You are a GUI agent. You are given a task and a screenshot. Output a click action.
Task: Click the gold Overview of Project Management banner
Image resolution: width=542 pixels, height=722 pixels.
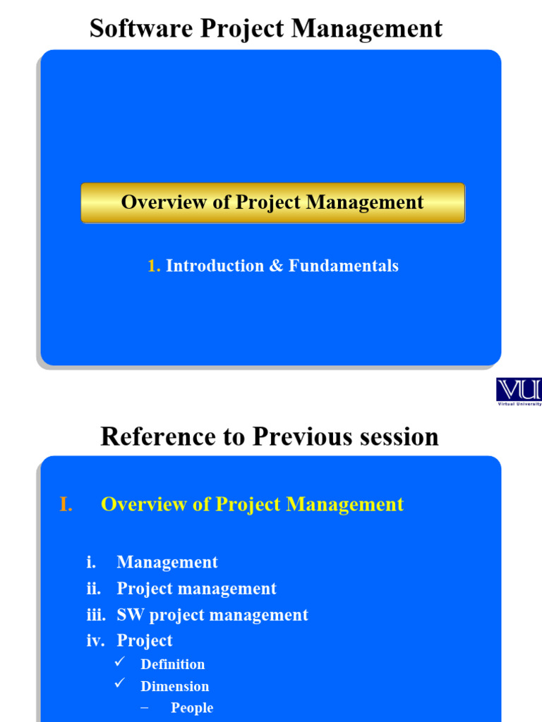coord(272,203)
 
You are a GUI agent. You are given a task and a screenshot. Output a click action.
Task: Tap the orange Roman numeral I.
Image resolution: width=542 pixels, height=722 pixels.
coord(66,504)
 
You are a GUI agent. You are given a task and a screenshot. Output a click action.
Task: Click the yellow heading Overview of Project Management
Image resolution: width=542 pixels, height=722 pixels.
coord(252,504)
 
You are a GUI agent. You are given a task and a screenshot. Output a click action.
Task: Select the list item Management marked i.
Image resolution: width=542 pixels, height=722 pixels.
coord(167,562)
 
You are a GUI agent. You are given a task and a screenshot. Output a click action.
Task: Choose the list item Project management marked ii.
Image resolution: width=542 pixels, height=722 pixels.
coord(196,588)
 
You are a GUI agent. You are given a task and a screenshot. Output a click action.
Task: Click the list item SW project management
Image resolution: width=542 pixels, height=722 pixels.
coord(212,615)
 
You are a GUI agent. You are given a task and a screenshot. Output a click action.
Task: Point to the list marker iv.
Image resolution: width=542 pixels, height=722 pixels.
coord(95,640)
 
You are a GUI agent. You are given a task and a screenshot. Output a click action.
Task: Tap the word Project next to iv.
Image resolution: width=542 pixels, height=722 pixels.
coord(145,640)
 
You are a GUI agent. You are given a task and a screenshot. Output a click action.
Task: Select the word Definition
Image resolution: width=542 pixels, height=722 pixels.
coord(173,664)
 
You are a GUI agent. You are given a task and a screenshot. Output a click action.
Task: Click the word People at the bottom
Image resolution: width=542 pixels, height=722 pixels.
coord(192,708)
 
